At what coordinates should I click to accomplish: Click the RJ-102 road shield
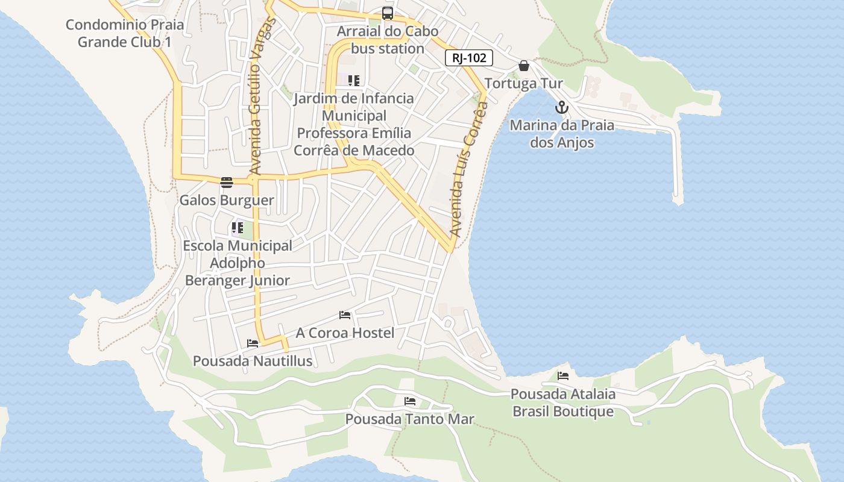[x=469, y=58]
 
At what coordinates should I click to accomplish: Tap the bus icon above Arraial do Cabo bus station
[x=388, y=13]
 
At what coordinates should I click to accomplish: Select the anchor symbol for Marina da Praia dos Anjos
[x=562, y=108]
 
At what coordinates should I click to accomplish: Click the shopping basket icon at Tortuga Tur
[x=524, y=66]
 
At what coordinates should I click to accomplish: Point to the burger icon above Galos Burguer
[x=227, y=183]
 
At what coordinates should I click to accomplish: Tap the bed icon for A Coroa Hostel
[x=345, y=315]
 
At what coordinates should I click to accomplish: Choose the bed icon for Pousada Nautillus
[x=253, y=343]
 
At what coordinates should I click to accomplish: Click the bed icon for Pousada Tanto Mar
[x=410, y=401]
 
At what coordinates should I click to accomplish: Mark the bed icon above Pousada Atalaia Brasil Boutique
[x=563, y=376]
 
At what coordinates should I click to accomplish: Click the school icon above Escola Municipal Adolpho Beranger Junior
[x=237, y=228]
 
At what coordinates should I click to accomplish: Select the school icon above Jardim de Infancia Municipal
[x=354, y=81]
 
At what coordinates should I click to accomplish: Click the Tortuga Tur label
[x=524, y=83]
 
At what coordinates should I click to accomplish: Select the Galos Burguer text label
[x=227, y=200]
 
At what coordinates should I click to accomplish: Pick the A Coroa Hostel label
[x=345, y=333]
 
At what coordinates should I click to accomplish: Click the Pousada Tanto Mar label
[x=410, y=419]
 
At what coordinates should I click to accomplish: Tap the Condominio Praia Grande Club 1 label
[x=125, y=34]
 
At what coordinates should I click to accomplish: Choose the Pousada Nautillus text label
[x=253, y=361]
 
